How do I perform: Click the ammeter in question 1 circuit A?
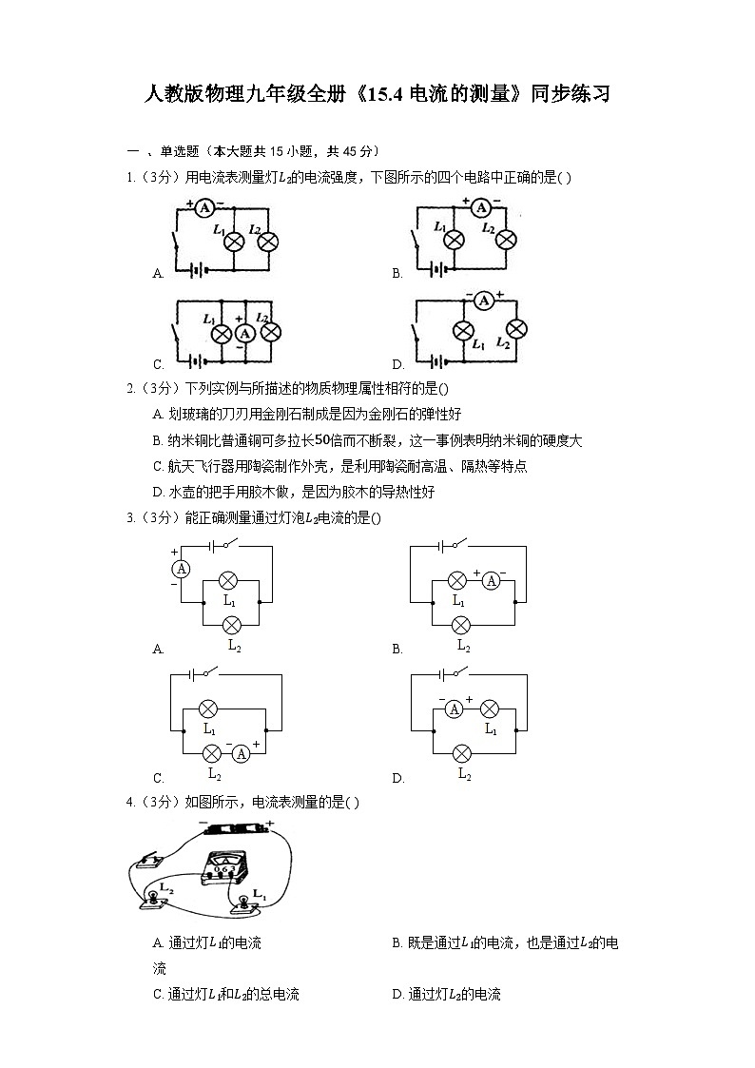(204, 207)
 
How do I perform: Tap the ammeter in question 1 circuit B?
(481, 207)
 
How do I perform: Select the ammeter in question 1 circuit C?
(245, 333)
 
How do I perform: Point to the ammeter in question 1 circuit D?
(483, 301)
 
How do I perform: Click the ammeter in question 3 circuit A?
(181, 569)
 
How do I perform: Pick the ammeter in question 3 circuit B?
(491, 580)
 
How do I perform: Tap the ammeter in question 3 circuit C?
(241, 753)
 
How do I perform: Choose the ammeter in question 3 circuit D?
(455, 709)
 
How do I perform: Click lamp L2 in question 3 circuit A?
(232, 624)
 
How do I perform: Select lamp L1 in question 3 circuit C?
(207, 709)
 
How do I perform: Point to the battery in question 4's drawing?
(235, 829)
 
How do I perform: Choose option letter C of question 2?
(158, 467)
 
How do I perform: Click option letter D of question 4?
(397, 995)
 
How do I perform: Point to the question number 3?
(129, 518)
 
